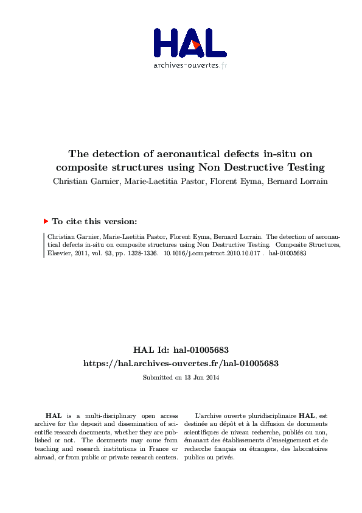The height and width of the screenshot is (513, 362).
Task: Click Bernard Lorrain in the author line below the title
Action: (x=295, y=181)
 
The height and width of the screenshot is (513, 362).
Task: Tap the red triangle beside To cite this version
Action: (x=46, y=222)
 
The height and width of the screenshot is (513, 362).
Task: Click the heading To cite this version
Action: (x=94, y=222)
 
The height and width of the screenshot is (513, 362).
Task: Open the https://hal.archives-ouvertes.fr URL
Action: (x=181, y=363)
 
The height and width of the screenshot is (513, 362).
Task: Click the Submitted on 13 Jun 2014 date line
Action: (x=181, y=378)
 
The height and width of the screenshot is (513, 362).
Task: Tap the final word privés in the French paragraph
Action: (x=225, y=458)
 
